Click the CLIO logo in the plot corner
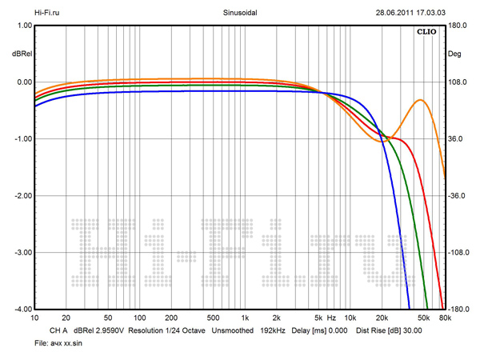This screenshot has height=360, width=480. click(426, 33)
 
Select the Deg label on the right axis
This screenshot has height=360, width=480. click(455, 54)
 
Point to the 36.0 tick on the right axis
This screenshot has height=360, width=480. click(456, 139)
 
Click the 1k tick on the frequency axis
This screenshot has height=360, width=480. click(246, 318)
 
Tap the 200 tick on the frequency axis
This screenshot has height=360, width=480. click(170, 318)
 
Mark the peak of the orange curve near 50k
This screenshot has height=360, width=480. click(419, 100)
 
